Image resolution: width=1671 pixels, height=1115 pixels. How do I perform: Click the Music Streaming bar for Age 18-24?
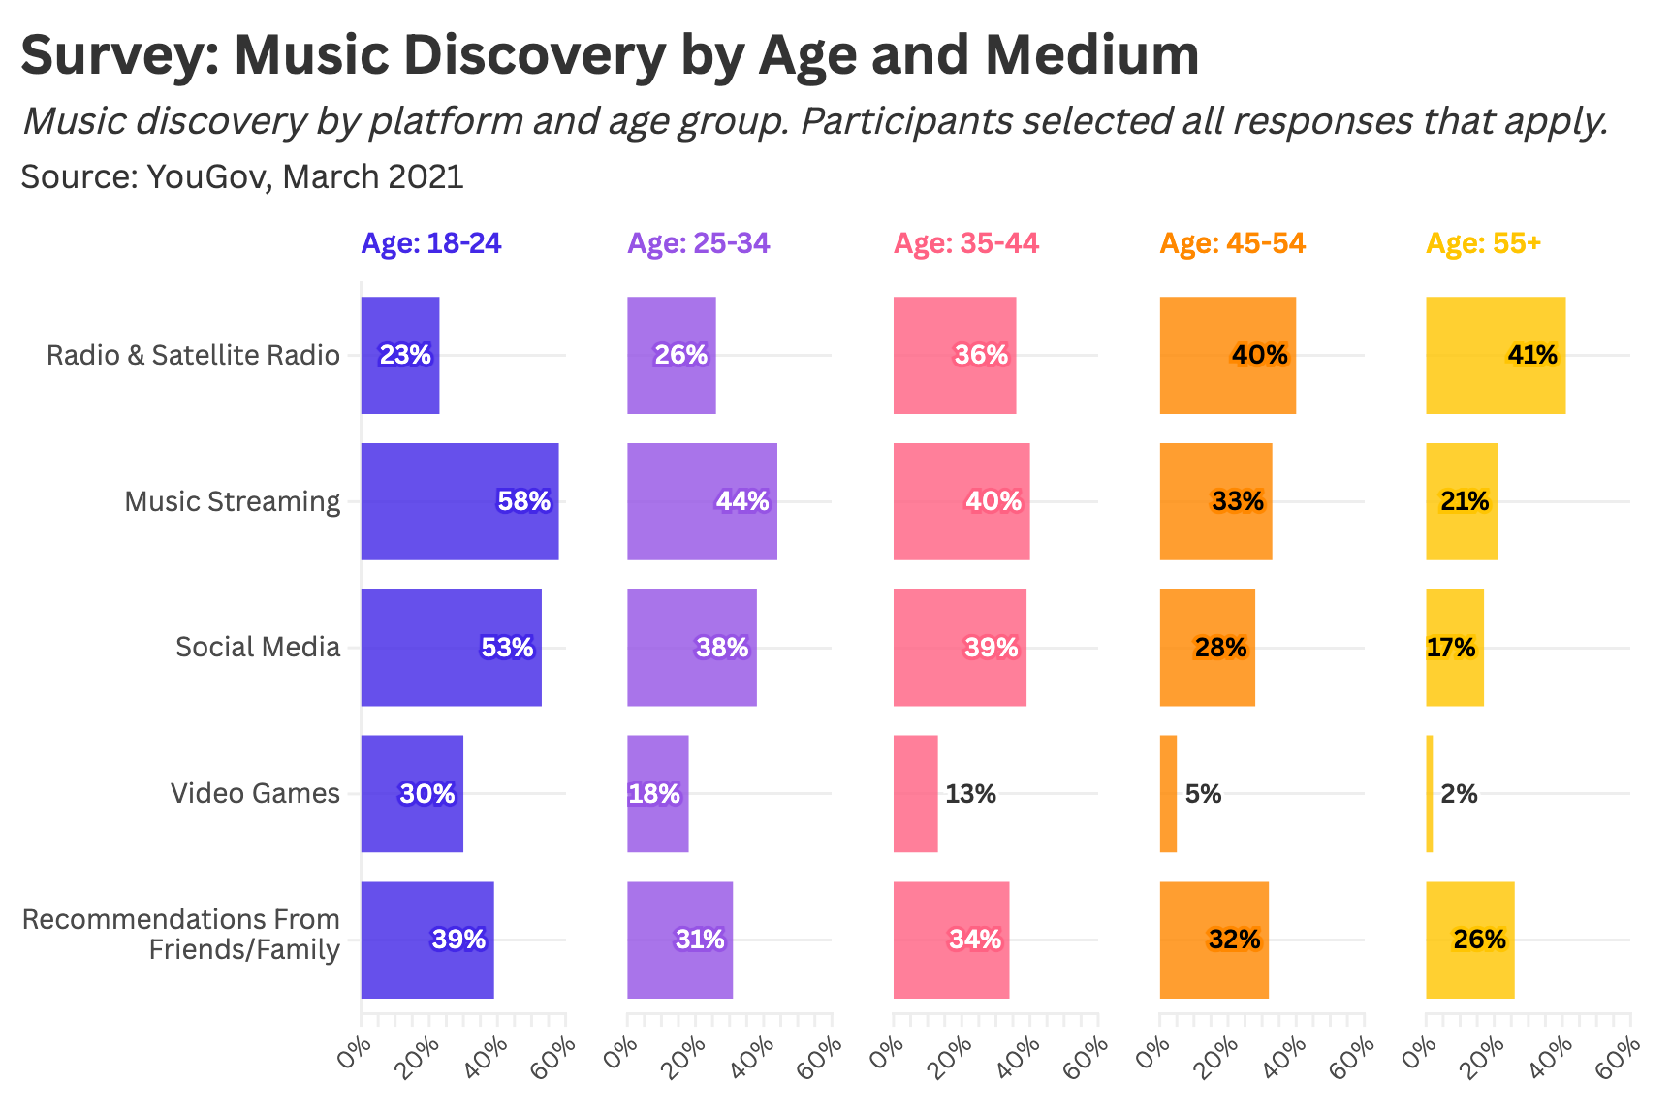(x=459, y=501)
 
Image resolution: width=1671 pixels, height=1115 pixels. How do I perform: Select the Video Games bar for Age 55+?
(x=1430, y=794)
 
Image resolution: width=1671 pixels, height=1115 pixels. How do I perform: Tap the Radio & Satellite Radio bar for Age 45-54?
(x=1227, y=355)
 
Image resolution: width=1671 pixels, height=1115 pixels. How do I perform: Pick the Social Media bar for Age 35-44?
(x=960, y=648)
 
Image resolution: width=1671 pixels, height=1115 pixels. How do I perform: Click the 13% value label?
(x=970, y=795)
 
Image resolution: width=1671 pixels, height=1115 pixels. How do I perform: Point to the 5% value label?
(x=1203, y=795)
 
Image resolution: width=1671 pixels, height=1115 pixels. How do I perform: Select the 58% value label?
(x=523, y=501)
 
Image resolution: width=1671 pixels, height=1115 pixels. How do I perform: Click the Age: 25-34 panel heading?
(x=699, y=243)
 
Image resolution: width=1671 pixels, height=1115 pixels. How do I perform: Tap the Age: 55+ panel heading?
(x=1483, y=243)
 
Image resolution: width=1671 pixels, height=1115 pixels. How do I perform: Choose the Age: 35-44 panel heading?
(x=966, y=243)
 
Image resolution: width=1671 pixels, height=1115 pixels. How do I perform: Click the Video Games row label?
(x=255, y=794)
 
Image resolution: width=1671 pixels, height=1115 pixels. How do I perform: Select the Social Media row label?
(x=258, y=648)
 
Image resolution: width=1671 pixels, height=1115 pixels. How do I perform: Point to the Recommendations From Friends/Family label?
(x=181, y=935)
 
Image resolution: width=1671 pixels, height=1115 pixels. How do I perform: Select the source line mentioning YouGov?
(x=242, y=177)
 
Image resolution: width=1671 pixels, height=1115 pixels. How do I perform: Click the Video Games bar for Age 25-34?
(x=657, y=794)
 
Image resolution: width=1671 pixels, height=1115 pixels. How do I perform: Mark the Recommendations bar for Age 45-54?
(x=1214, y=940)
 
